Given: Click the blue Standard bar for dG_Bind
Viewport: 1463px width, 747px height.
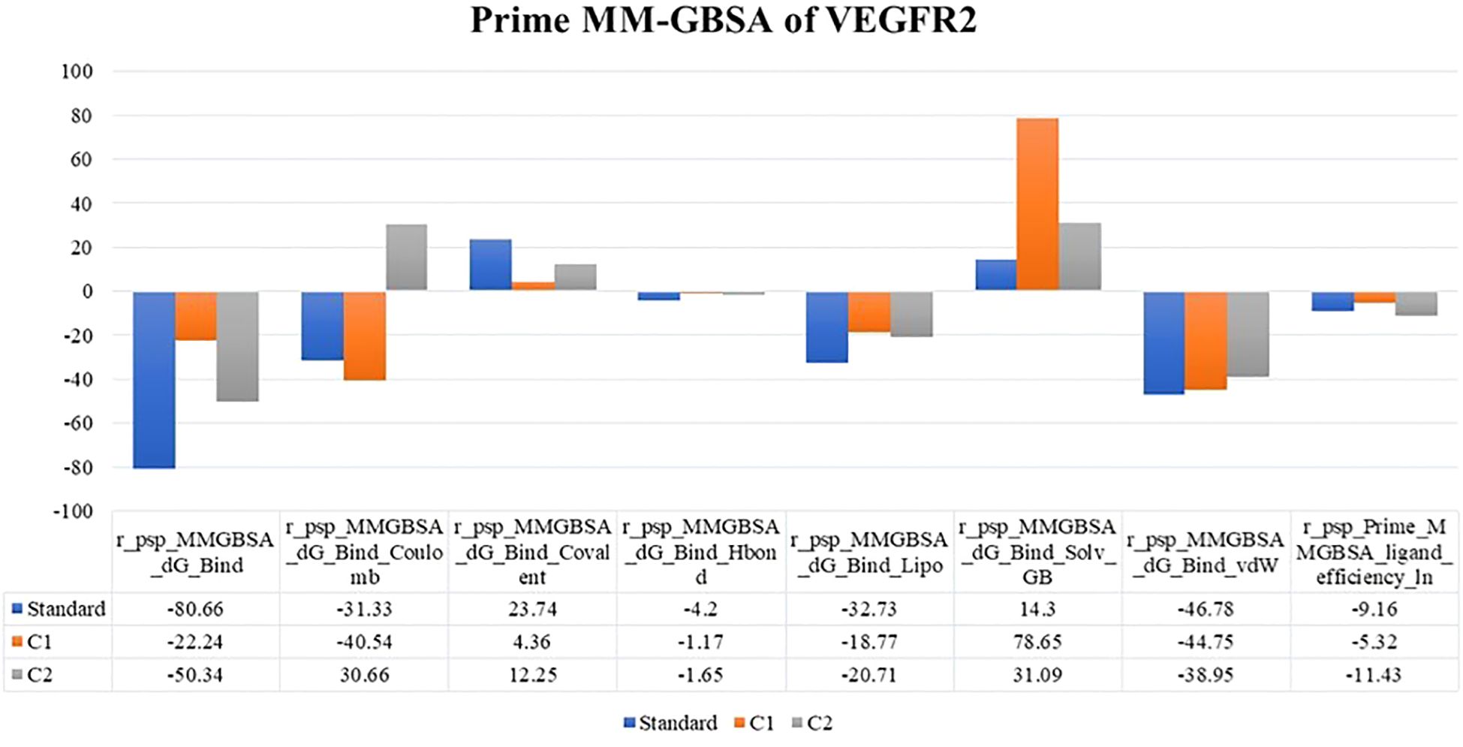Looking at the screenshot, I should [154, 379].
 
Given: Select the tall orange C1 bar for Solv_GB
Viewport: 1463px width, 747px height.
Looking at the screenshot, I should [1037, 204].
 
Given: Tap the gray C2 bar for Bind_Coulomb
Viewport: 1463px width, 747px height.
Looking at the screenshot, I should [406, 258].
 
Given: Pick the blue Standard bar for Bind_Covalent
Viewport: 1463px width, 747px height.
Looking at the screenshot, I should [490, 265].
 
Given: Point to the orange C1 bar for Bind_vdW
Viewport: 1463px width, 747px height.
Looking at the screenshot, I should [1206, 340].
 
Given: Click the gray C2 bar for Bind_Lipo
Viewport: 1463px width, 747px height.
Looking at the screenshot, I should [911, 314].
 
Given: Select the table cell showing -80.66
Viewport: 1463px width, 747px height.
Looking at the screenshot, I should [195, 609].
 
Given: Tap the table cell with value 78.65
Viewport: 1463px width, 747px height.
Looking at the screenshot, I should [1037, 642].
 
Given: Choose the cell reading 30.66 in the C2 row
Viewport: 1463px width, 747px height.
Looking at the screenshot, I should [364, 675].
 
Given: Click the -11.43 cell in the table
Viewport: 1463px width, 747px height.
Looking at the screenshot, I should [1374, 675].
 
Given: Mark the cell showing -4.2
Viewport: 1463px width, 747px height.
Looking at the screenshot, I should [700, 609].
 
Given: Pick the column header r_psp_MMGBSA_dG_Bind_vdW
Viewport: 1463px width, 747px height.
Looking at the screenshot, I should [1206, 553].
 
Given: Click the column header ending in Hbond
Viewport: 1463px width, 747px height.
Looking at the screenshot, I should [700, 553].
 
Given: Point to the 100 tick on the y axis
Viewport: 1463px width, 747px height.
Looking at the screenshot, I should [77, 72].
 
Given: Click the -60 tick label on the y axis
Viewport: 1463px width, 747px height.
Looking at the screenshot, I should [74, 423].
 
